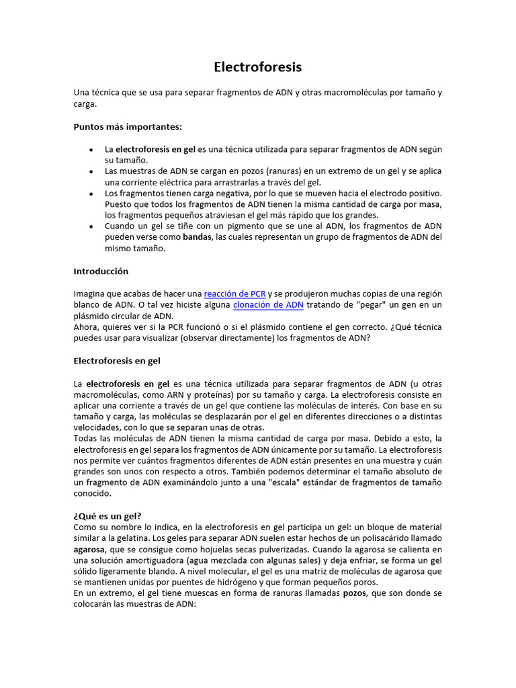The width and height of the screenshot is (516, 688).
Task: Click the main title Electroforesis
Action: [x=258, y=67]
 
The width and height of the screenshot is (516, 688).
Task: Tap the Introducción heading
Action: [x=101, y=271]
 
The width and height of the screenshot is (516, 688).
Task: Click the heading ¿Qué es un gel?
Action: [x=107, y=516]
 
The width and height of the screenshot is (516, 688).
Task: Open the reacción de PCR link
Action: [x=234, y=294]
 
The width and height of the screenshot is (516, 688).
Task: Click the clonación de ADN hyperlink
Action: [x=268, y=305]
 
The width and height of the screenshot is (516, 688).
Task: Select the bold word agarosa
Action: [x=89, y=549]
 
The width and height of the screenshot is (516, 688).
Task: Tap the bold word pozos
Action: [x=355, y=593]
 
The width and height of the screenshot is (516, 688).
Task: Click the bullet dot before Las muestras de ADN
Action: [x=91, y=171]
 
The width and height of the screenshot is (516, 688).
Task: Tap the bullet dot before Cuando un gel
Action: [x=91, y=226]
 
